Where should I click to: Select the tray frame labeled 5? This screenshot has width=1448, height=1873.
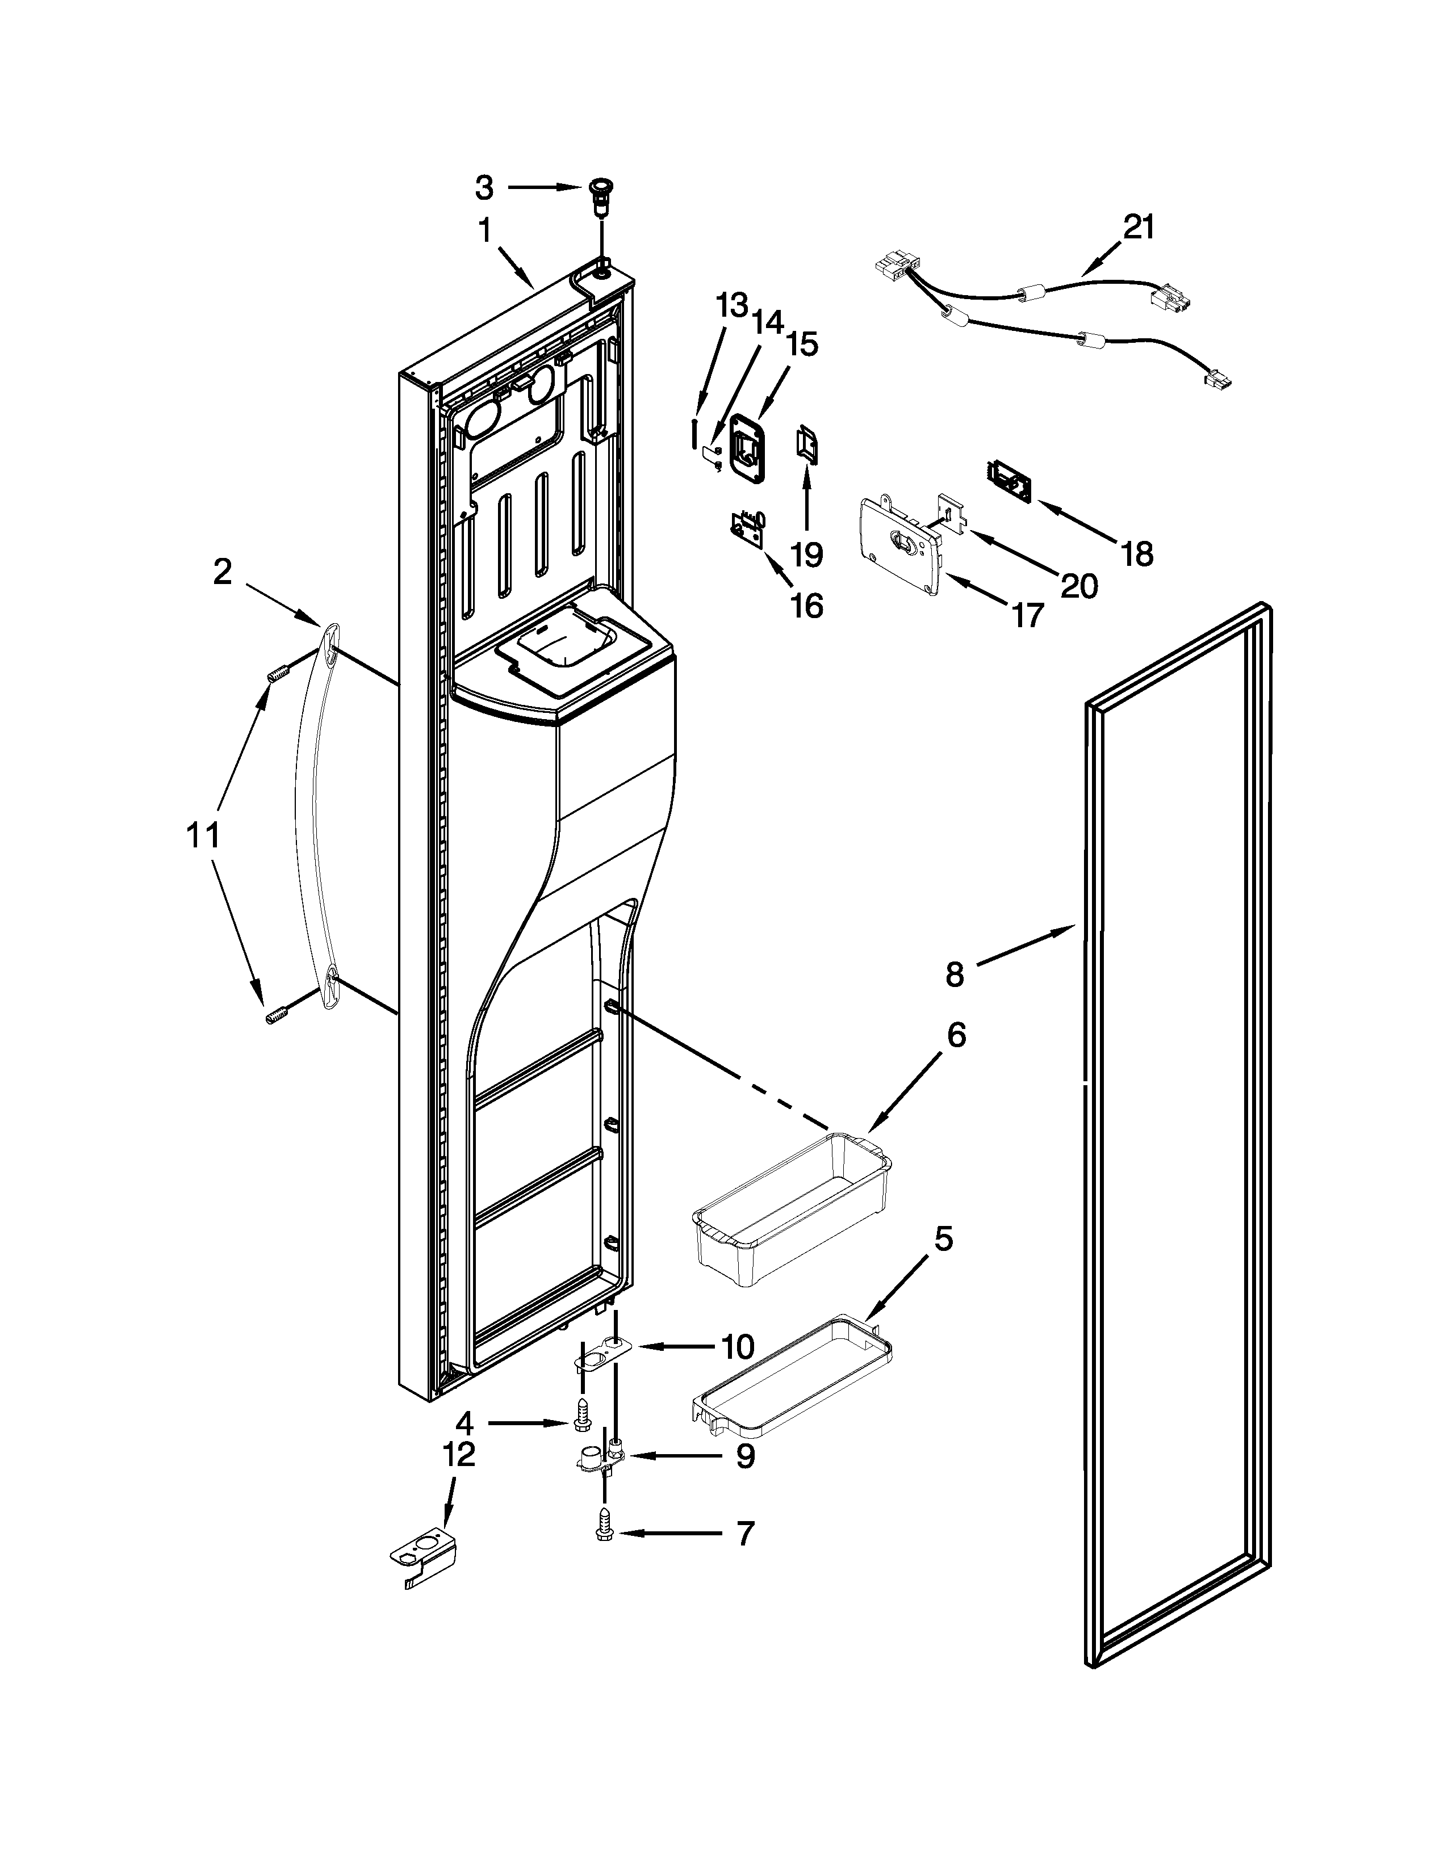791,1374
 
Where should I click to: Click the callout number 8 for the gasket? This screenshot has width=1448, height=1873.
955,973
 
